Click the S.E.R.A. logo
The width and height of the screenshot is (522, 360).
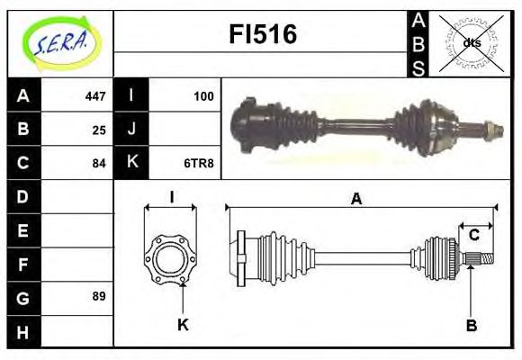click(x=61, y=42)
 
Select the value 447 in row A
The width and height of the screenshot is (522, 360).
click(x=95, y=95)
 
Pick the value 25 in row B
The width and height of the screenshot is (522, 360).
click(x=99, y=130)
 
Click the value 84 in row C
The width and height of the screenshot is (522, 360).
click(x=99, y=163)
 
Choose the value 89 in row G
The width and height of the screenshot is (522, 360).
click(x=99, y=296)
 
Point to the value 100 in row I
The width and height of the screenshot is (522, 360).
click(x=203, y=95)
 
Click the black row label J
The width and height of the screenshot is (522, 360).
click(x=131, y=130)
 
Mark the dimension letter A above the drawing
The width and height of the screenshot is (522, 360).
click(x=357, y=200)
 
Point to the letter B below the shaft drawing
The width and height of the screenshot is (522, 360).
click(x=471, y=324)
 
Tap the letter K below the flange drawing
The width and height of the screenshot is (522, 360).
click(x=183, y=324)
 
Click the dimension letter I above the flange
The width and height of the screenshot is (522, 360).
click(x=170, y=197)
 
